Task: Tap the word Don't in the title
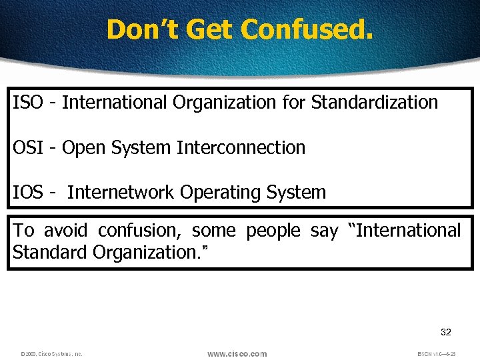136,29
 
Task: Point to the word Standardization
375,103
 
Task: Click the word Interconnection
241,147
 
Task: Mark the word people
273,231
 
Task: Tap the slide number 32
446,332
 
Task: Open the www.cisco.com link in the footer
237,353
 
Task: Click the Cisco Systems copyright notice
51,354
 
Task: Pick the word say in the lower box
324,231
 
